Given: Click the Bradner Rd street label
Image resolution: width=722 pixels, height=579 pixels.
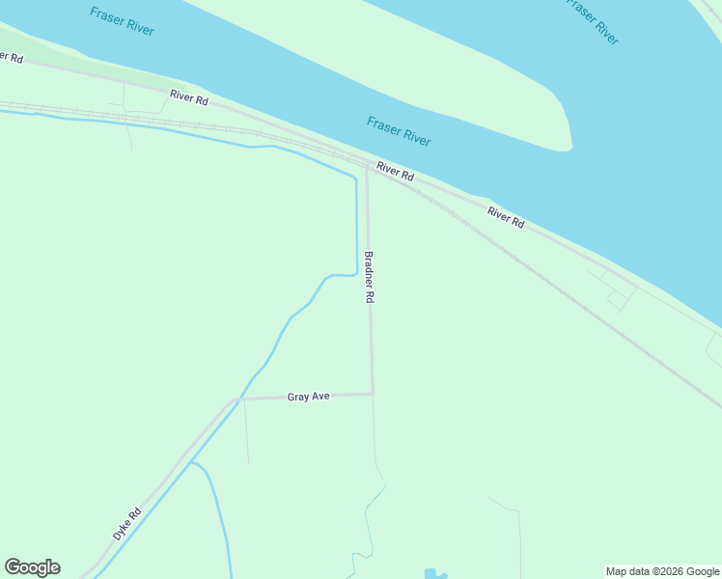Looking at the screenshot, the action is (x=368, y=278).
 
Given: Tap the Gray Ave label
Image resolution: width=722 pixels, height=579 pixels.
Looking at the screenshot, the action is (x=309, y=397).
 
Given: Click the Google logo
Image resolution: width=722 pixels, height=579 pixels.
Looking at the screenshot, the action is (x=32, y=567).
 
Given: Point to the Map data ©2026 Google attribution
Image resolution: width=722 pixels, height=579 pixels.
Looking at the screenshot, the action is (x=662, y=571).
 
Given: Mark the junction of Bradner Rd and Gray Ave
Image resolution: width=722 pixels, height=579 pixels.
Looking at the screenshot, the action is (x=373, y=393).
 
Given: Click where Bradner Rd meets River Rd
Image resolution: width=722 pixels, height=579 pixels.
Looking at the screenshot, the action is (x=367, y=167).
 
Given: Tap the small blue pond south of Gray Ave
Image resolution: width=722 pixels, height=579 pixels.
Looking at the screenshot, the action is (x=430, y=573).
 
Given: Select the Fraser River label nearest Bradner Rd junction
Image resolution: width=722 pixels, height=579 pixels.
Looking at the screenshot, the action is (x=399, y=130).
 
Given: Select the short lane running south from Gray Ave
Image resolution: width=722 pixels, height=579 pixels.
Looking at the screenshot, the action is (x=246, y=429).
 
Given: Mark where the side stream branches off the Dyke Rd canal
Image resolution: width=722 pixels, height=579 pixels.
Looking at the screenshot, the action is (x=192, y=463).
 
